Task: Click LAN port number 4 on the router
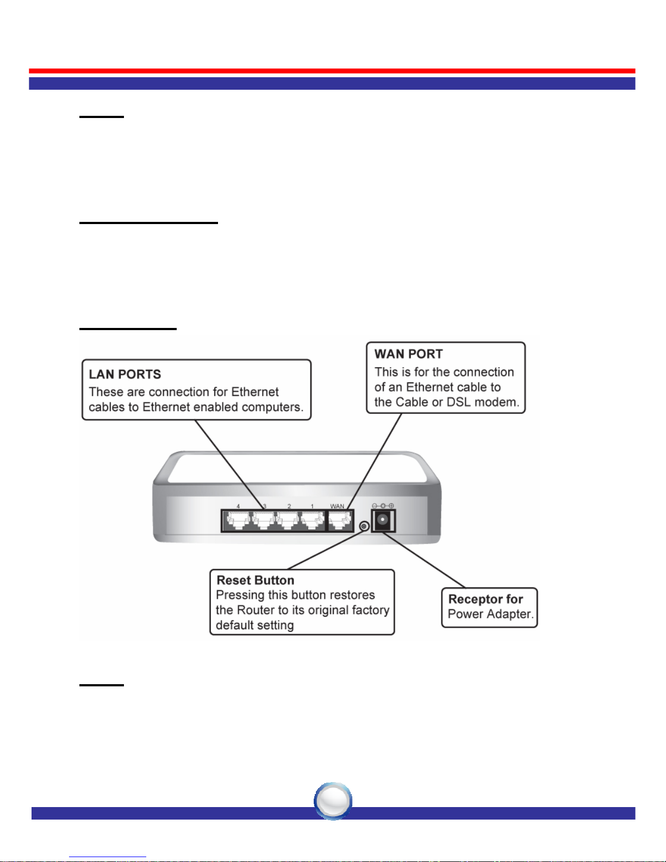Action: pyautogui.click(x=238, y=522)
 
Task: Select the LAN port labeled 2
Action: pyautogui.click(x=288, y=522)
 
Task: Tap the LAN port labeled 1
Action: pyautogui.click(x=312, y=522)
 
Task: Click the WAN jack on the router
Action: pyautogui.click(x=340, y=522)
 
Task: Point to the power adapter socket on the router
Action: pyautogui.click(x=383, y=521)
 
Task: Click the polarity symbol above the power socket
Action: pyautogui.click(x=383, y=506)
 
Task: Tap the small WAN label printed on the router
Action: pyautogui.click(x=337, y=506)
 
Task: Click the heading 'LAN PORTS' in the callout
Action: pyautogui.click(x=125, y=374)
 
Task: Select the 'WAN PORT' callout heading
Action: pyautogui.click(x=408, y=354)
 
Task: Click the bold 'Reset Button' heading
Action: pyautogui.click(x=255, y=580)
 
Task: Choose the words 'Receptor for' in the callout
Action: pyautogui.click(x=485, y=599)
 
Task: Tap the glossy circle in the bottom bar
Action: pyautogui.click(x=333, y=801)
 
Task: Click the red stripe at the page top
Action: pyautogui.click(x=332, y=71)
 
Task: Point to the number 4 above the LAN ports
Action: pyautogui.click(x=238, y=506)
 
